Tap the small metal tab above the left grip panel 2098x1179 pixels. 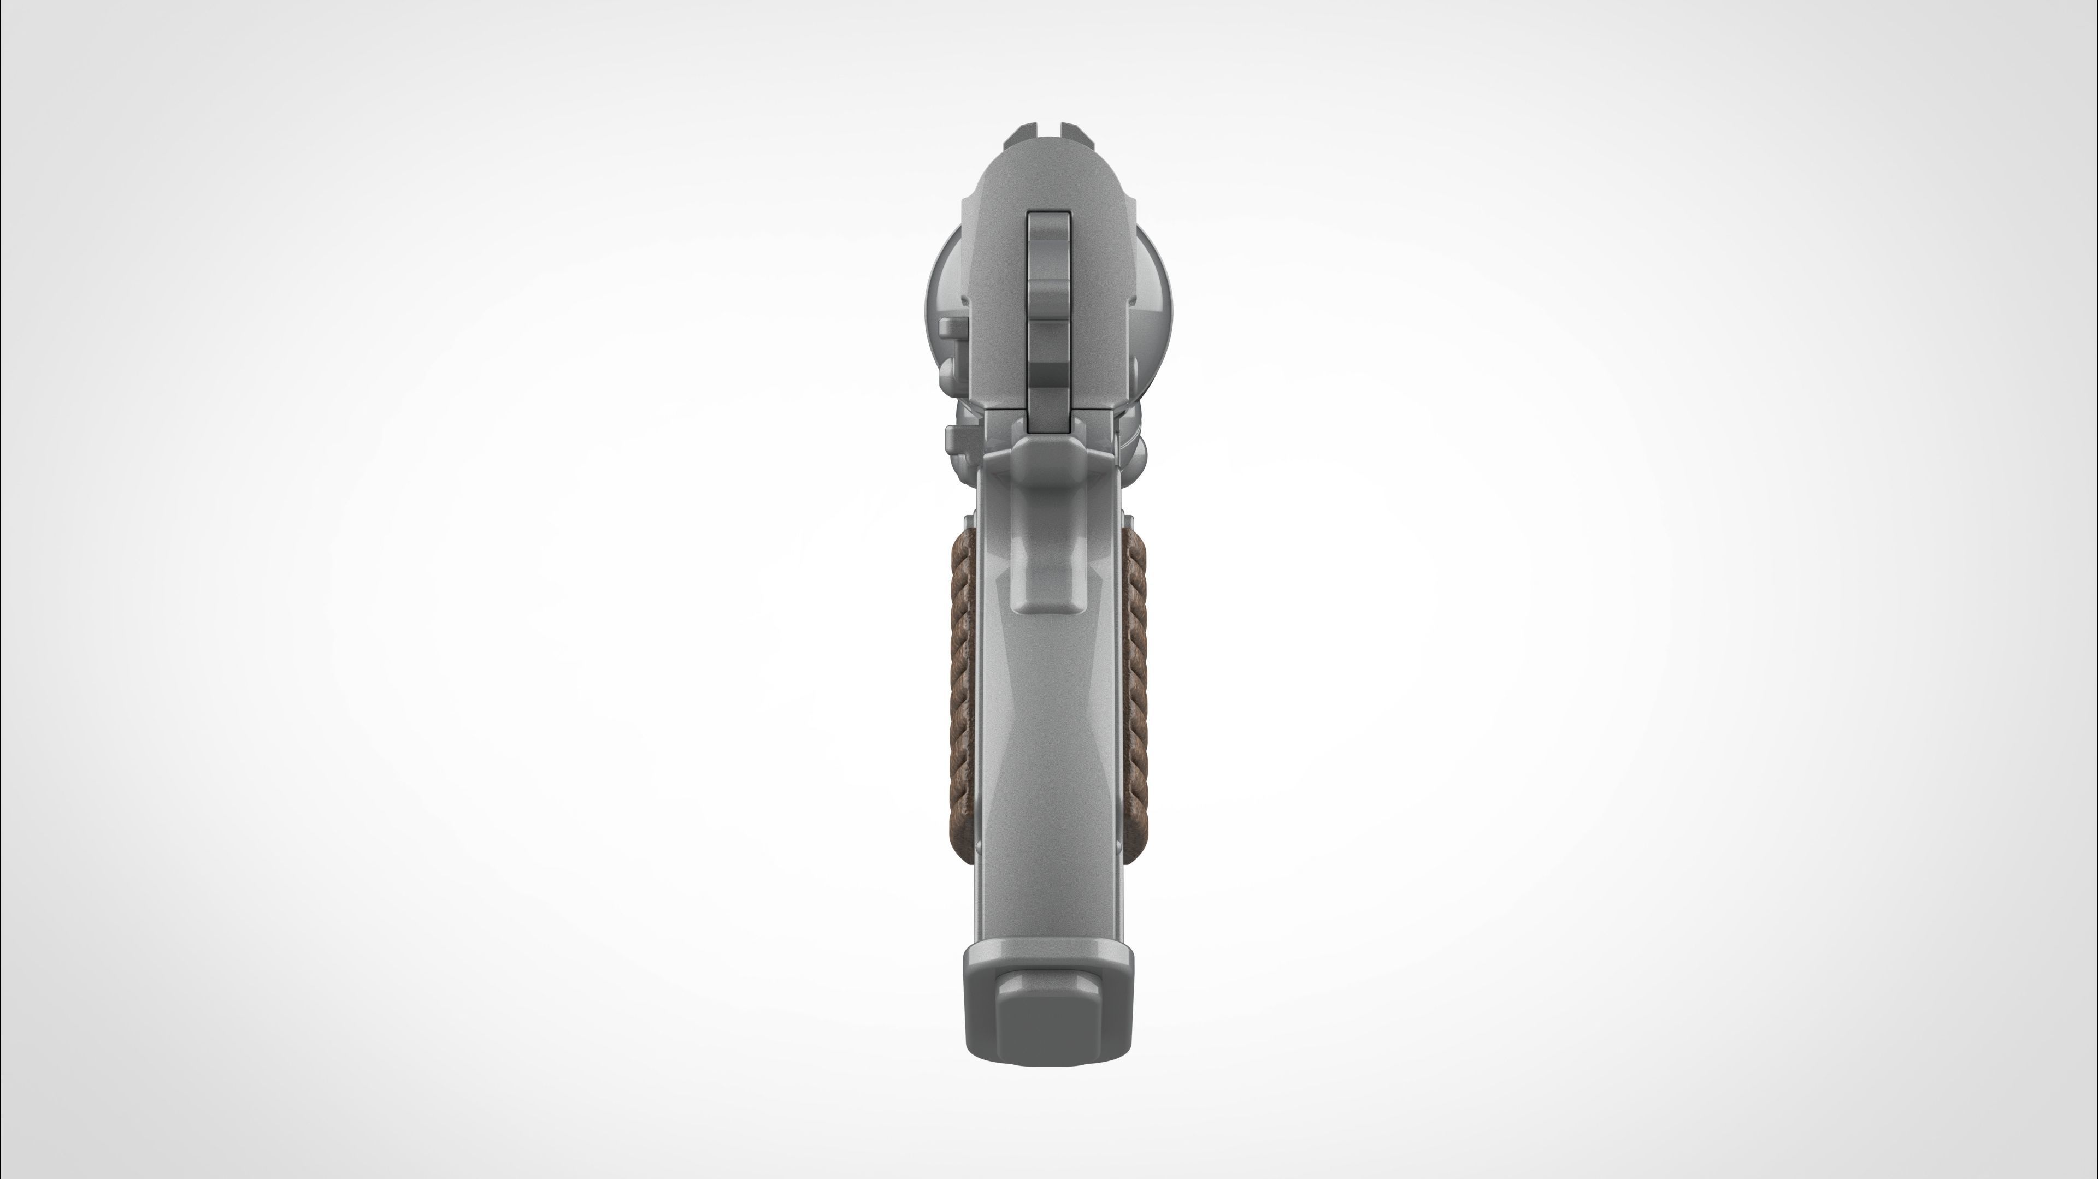coord(969,521)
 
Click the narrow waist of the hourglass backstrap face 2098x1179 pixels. coord(1049,733)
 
